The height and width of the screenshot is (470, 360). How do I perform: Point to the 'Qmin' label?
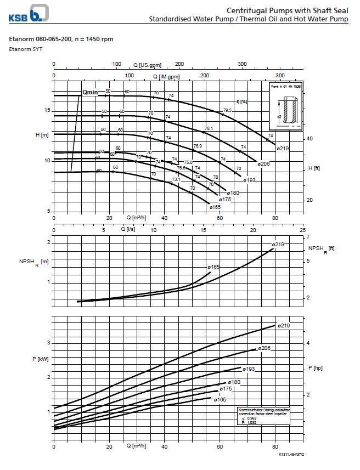pos(90,92)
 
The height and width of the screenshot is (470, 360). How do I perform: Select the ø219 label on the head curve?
pos(282,149)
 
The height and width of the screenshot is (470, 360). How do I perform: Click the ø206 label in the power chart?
pos(265,348)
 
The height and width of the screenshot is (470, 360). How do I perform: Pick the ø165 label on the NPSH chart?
pos(213,267)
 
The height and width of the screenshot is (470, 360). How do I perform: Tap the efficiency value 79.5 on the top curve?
pos(227,110)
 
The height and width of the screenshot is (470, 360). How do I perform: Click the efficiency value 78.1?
pos(209,128)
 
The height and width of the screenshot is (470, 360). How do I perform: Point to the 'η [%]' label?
pos(241,101)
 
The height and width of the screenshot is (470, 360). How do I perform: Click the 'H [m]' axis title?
pos(41,135)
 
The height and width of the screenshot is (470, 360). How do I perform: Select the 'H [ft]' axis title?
pos(314,168)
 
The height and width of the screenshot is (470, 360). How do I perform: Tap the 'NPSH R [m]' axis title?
pos(33,262)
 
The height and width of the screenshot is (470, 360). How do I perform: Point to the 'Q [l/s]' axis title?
pos(128,229)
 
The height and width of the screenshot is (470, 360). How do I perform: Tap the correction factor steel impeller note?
pos(263,416)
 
